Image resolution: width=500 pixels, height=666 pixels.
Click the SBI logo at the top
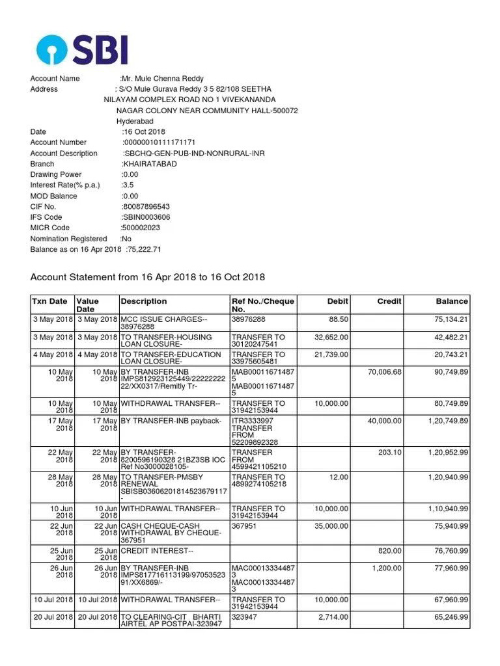pos(82,49)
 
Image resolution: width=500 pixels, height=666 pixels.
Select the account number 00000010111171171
pos(160,142)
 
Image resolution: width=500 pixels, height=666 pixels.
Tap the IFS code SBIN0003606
pos(146,217)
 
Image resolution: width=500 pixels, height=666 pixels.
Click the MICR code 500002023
pos(141,228)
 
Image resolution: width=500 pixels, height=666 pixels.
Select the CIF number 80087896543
pos(146,207)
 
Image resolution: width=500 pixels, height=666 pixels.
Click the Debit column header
pos(338,301)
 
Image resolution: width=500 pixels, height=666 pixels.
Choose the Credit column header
pos(389,301)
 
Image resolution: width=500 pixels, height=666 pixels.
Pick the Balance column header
pos(452,301)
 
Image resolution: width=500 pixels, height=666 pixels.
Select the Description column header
pos(144,301)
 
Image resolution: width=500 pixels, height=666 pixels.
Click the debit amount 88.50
pos(339,320)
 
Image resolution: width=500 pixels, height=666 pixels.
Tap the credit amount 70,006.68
pos(385,371)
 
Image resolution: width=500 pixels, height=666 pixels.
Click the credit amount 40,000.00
pos(385,421)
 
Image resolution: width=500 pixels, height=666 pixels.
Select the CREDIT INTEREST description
pos(157,551)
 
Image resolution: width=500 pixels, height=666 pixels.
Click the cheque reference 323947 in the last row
pos(245,617)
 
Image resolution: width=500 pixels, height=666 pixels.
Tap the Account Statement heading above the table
pos(148,277)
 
